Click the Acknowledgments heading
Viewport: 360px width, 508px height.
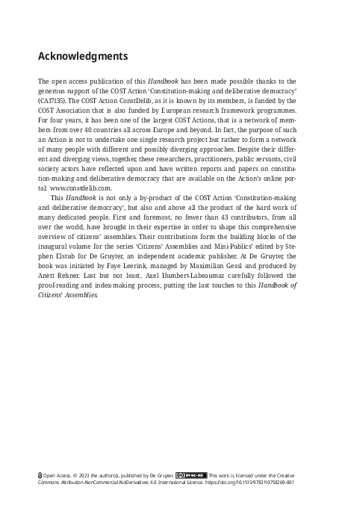83,56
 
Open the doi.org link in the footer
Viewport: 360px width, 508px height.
254,483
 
